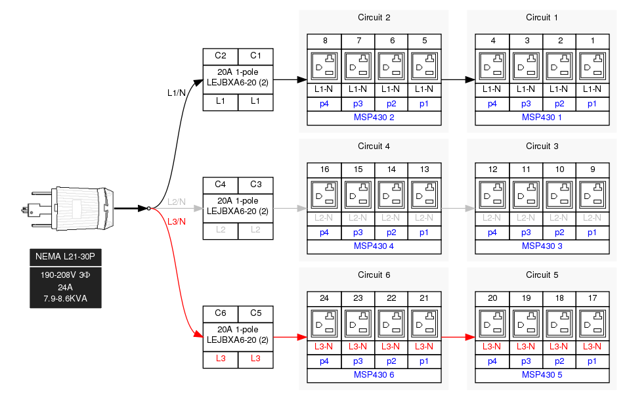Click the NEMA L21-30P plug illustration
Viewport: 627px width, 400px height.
click(x=69, y=208)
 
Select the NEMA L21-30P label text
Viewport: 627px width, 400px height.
click(x=66, y=256)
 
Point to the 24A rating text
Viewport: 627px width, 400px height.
click(x=66, y=287)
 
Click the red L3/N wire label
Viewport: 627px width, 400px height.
click(x=177, y=221)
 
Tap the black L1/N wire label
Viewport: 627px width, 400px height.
click(x=177, y=93)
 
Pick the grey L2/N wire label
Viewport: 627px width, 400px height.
click(x=177, y=202)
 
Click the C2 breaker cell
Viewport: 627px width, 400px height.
click(x=221, y=56)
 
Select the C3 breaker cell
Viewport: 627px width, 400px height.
click(x=255, y=185)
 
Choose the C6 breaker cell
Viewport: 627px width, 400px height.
click(x=221, y=313)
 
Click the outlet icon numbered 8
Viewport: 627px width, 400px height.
click(x=324, y=66)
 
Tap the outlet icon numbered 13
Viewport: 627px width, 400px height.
click(x=424, y=195)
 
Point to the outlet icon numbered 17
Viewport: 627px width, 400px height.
click(x=592, y=324)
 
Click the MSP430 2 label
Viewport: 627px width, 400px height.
click(x=374, y=118)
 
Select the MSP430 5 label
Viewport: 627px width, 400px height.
click(x=542, y=375)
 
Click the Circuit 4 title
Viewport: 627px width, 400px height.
click(x=374, y=146)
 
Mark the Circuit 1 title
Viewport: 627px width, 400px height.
click(x=542, y=17)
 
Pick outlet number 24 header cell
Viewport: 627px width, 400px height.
click(x=324, y=298)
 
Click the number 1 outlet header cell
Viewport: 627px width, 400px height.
click(x=592, y=41)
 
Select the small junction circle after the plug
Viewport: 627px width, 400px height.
click(x=149, y=208)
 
